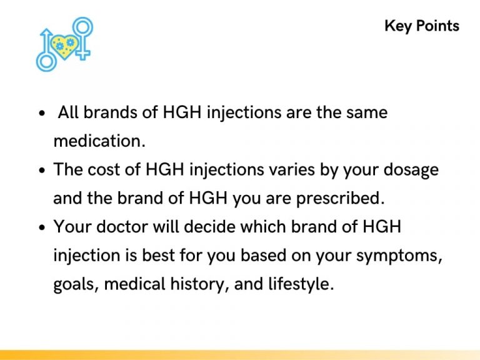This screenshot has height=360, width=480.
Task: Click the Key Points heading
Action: click(421, 26)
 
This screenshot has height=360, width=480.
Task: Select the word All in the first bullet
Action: click(69, 113)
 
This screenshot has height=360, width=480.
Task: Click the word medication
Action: click(99, 141)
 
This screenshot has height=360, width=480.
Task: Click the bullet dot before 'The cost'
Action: click(42, 171)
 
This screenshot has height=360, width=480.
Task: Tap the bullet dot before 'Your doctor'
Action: click(42, 228)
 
